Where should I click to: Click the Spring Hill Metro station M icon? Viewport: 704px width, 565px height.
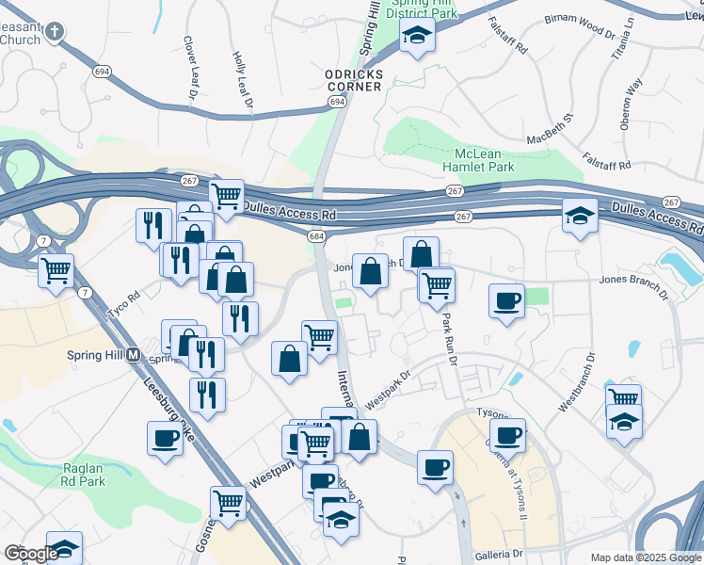coord(133,356)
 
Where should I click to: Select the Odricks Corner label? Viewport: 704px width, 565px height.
coord(353,80)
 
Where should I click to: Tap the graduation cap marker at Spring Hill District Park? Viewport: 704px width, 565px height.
coord(416,38)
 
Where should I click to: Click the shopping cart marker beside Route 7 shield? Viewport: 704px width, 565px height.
coord(56,271)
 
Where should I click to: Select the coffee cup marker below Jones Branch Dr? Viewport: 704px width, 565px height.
coord(507,300)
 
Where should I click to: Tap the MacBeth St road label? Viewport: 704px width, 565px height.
coord(550,131)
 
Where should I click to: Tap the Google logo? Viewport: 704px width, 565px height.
coord(30,554)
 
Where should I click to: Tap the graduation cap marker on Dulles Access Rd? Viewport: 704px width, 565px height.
coord(580,218)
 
